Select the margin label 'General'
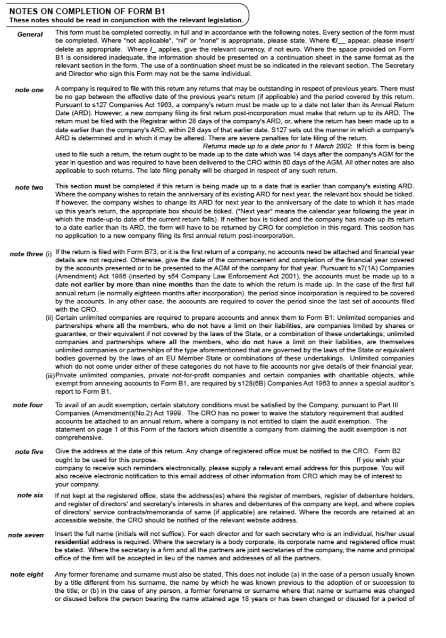pyautogui.click(x=30, y=35)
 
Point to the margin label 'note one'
pyautogui.click(x=29, y=90)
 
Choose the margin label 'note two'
pyautogui.click(x=29, y=188)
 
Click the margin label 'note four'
pyautogui.click(x=28, y=405)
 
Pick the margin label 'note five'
pyautogui.click(x=29, y=452)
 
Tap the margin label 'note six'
pyautogui.click(x=30, y=495)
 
